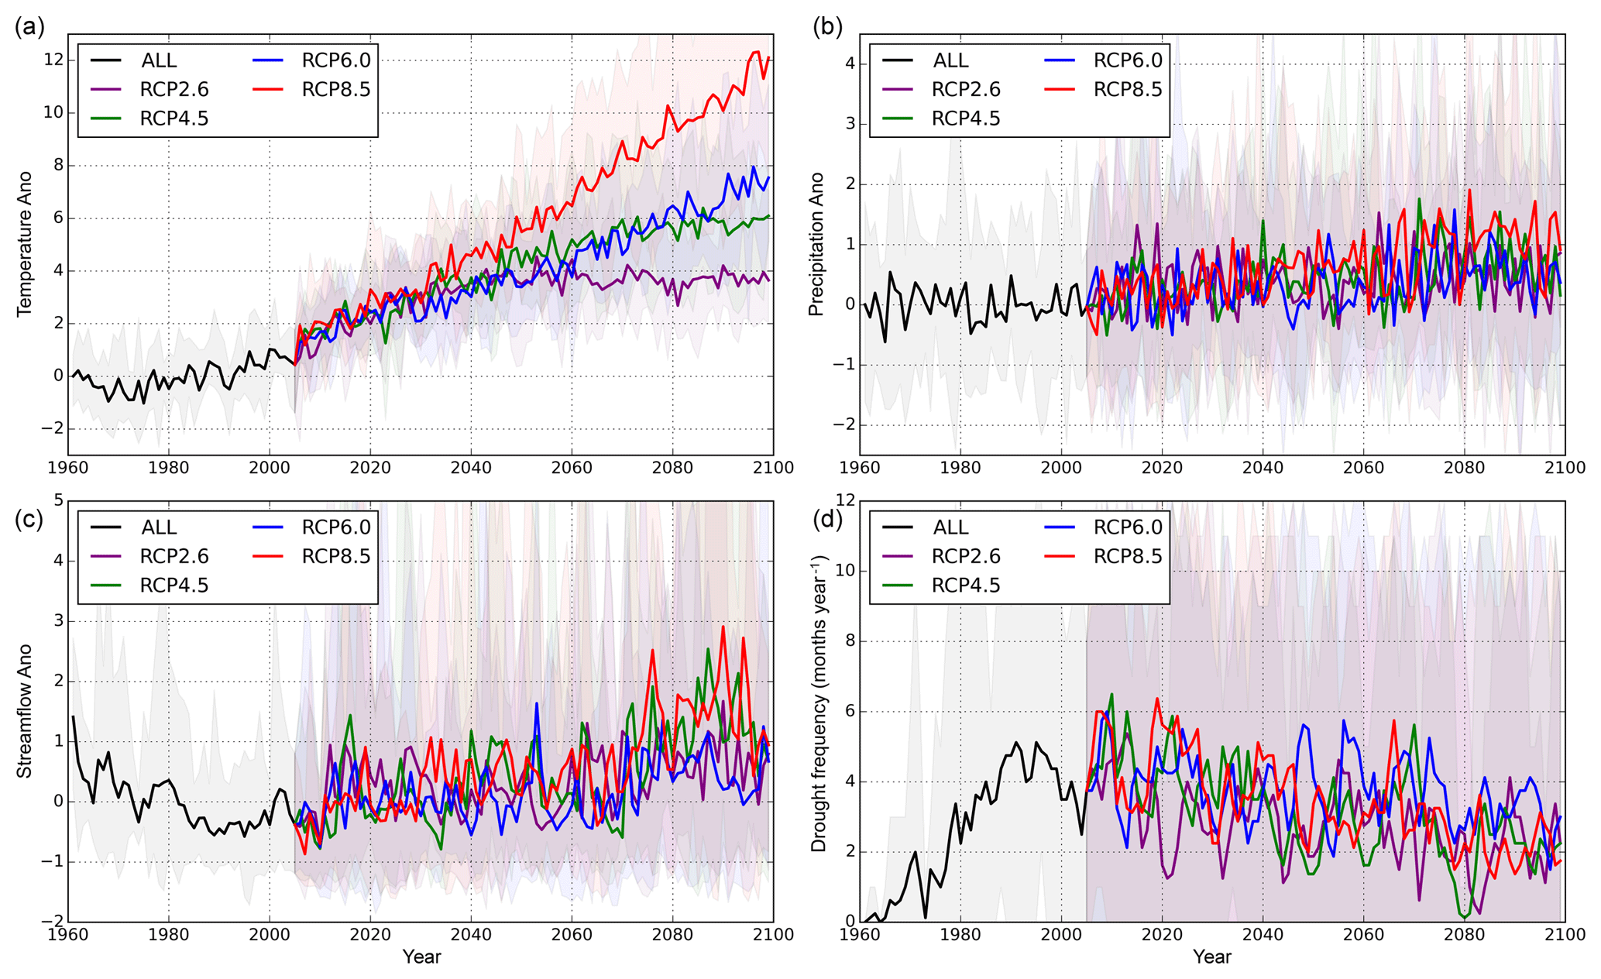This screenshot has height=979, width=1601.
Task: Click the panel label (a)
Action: click(x=29, y=28)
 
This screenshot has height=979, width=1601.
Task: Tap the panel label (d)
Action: click(x=826, y=519)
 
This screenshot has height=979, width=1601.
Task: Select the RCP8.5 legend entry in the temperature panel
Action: click(x=335, y=90)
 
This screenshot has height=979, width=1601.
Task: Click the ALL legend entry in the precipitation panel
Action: click(x=950, y=60)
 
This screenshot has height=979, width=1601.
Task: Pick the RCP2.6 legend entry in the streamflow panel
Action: click(x=173, y=557)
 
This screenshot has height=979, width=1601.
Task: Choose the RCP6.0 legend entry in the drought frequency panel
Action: click(x=1127, y=527)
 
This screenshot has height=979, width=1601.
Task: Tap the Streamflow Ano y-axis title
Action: click(x=24, y=711)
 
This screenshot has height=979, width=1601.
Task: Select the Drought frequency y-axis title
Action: click(x=818, y=703)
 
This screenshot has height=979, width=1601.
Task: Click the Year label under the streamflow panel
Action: click(x=421, y=957)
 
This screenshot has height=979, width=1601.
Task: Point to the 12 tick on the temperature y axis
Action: click(x=53, y=60)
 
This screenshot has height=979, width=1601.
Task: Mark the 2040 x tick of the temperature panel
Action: click(x=471, y=468)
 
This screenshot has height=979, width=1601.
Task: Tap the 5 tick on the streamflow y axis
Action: click(x=59, y=500)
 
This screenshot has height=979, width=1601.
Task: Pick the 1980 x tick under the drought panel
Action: click(x=960, y=935)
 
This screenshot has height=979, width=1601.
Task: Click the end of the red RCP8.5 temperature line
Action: click(x=768, y=57)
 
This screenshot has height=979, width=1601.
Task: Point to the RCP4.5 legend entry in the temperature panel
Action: click(x=173, y=119)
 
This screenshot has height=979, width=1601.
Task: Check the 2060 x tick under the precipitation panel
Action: click(x=1363, y=468)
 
